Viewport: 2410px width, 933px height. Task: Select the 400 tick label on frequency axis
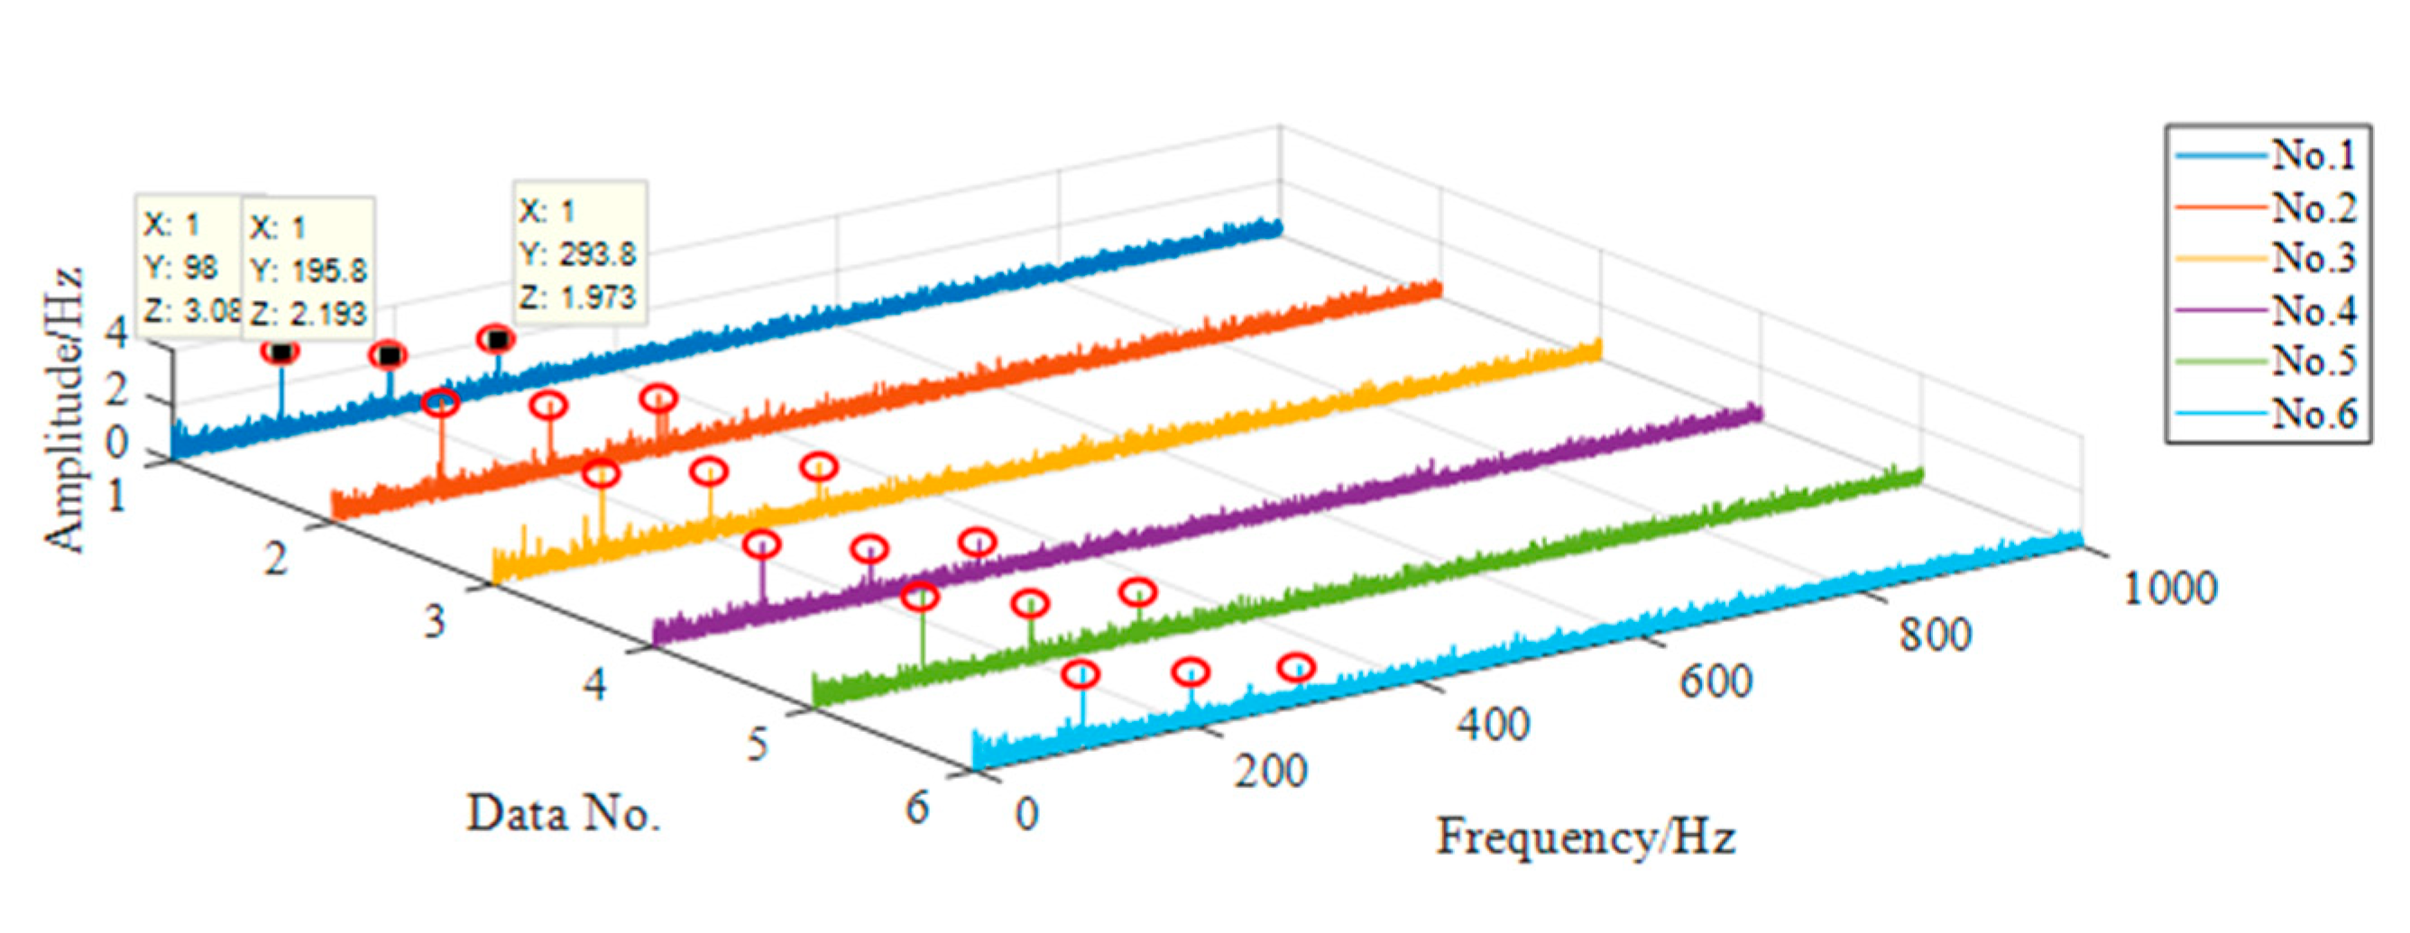[1493, 726]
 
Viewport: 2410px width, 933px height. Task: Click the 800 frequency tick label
[1935, 635]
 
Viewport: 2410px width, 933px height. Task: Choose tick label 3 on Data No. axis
[434, 621]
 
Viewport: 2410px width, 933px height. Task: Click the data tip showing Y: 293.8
[579, 252]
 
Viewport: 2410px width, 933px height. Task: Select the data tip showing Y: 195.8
[308, 270]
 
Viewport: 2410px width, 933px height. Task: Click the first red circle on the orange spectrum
[441, 404]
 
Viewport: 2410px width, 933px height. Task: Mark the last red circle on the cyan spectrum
[1297, 667]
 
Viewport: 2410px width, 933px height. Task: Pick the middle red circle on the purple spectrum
[870, 549]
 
